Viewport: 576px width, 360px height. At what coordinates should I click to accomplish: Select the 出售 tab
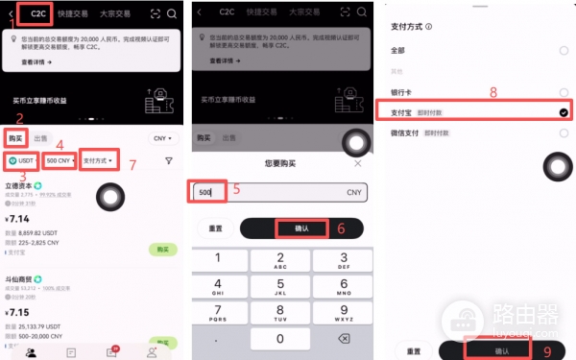(x=41, y=138)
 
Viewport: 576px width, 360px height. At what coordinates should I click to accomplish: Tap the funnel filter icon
(x=169, y=160)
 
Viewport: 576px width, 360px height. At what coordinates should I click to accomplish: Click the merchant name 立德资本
(x=21, y=185)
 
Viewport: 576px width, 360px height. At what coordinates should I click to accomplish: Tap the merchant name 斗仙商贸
(x=21, y=278)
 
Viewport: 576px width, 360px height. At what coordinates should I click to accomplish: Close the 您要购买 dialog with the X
(x=358, y=163)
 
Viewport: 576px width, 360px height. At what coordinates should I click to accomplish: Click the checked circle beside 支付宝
(x=563, y=112)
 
